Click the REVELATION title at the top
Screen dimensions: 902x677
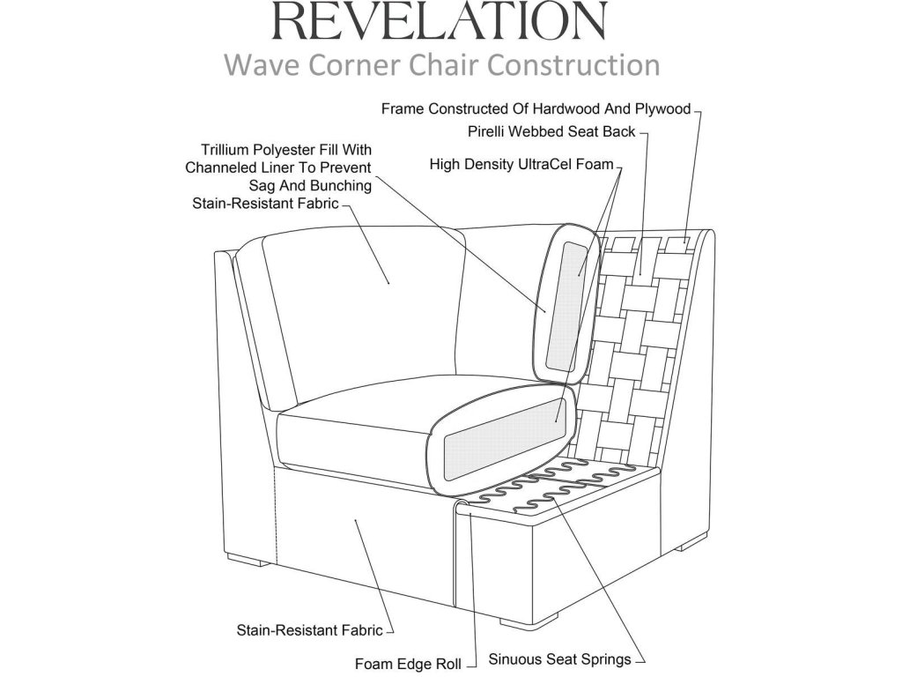(440, 21)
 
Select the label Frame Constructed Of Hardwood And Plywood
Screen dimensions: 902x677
(536, 108)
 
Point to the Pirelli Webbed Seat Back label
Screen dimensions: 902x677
(551, 132)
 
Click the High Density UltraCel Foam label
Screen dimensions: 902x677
(521, 165)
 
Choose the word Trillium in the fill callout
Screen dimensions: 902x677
(225, 150)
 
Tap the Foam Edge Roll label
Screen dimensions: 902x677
(408, 664)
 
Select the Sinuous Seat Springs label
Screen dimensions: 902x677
(559, 659)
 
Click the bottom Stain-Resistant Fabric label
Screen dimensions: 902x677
(309, 630)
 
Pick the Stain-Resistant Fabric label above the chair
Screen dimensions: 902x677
(265, 204)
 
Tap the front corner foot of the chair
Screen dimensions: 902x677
(529, 620)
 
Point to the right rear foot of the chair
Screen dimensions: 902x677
(691, 541)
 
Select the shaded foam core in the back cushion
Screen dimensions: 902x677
(566, 306)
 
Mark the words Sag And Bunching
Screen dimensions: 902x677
(310, 185)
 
